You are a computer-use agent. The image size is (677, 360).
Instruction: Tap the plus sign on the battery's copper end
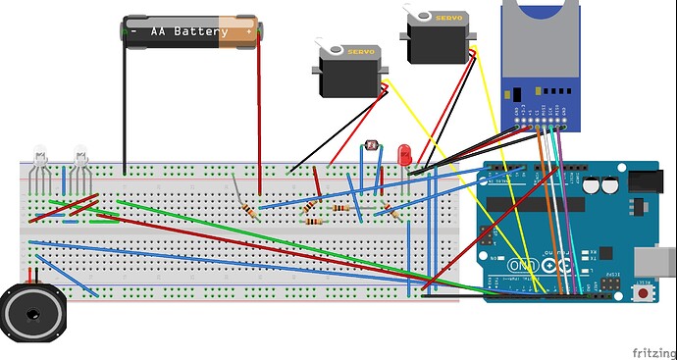point(249,31)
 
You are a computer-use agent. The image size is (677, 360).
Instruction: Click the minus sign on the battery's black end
point(132,31)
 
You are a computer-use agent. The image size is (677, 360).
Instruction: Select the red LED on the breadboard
point(403,152)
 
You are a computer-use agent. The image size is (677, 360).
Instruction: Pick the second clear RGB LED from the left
point(79,154)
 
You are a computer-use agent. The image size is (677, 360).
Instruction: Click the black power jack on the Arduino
point(649,182)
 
